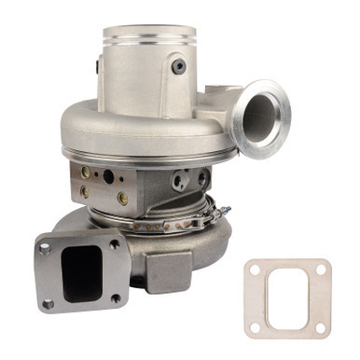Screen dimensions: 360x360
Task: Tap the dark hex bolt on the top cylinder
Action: (178, 66)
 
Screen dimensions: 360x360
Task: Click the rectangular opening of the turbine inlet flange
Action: (81, 273)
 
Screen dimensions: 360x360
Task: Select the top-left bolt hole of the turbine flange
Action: (44, 249)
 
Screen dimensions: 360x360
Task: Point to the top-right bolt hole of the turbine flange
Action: (114, 244)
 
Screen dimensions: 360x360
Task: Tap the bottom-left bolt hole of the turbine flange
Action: (48, 302)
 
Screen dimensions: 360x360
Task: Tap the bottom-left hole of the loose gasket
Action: (254, 327)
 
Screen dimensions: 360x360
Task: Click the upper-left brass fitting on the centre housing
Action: (86, 172)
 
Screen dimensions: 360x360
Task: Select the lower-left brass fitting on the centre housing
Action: (85, 191)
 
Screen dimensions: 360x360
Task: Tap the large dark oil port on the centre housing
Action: (108, 175)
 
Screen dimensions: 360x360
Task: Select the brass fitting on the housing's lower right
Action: (122, 198)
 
